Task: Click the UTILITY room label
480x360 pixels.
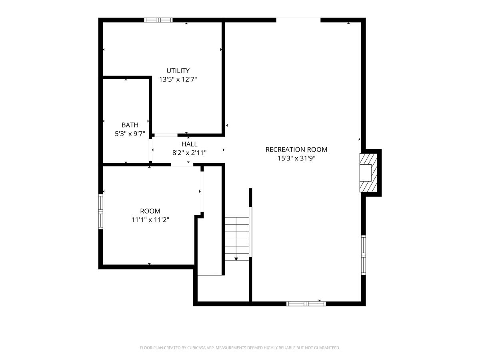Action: coord(178,71)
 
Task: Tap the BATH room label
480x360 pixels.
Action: coord(130,125)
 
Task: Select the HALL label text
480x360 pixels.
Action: coord(189,144)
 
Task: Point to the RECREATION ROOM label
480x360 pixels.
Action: coord(296,150)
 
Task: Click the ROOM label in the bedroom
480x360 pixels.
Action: coord(150,211)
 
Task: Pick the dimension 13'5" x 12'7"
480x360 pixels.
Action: coord(178,79)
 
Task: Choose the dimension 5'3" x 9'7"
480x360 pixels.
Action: coord(130,134)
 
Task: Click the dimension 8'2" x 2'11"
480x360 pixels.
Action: coord(189,153)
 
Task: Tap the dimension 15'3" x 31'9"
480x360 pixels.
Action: coord(296,158)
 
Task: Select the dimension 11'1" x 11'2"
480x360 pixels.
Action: coord(150,220)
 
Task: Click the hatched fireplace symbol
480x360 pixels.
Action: coord(368,173)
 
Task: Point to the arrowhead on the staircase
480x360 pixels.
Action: coord(236,259)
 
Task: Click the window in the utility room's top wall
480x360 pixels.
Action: coord(158,20)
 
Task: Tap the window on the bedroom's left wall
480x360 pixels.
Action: coord(100,212)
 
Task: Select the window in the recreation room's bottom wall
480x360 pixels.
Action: coord(306,304)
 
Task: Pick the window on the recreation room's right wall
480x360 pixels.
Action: coord(364,255)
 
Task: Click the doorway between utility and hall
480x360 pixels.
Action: coord(166,135)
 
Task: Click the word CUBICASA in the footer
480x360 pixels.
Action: coord(196,348)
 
